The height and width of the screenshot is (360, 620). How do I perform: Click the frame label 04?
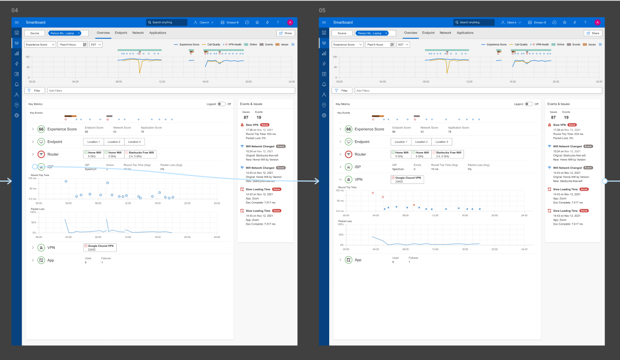point(15,10)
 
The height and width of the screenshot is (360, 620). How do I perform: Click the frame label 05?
point(322,10)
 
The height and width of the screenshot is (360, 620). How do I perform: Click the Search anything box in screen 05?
point(473,22)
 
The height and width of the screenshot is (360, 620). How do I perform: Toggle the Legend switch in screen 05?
point(529,104)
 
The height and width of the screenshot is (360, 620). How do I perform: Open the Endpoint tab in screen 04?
point(121,33)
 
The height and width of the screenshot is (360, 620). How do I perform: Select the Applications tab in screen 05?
point(465,33)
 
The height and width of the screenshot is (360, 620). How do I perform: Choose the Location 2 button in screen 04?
point(114,142)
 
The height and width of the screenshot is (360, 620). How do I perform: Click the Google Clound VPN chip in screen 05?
point(407,179)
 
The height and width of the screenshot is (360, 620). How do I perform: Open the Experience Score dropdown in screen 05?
point(347,45)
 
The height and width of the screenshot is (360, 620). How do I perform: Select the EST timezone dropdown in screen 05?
point(403,45)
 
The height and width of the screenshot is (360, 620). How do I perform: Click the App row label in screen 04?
point(50,260)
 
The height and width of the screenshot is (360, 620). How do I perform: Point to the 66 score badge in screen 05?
point(349,129)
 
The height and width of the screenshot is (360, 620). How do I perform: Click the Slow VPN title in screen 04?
point(252,125)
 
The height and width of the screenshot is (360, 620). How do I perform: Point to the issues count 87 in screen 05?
point(553,117)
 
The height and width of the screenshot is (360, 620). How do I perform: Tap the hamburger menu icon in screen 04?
point(16,22)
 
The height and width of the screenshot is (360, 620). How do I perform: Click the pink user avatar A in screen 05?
point(597,22)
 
